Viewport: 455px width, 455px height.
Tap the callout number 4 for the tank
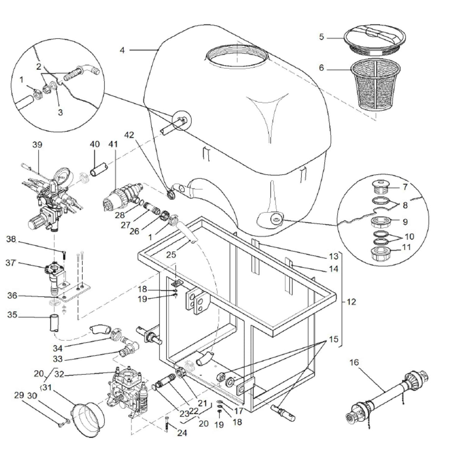click(x=122, y=50)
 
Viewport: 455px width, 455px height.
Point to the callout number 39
click(x=38, y=145)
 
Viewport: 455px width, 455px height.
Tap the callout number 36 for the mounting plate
click(x=12, y=295)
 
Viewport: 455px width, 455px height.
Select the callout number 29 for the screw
click(x=19, y=396)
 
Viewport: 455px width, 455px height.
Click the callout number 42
click(x=129, y=144)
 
